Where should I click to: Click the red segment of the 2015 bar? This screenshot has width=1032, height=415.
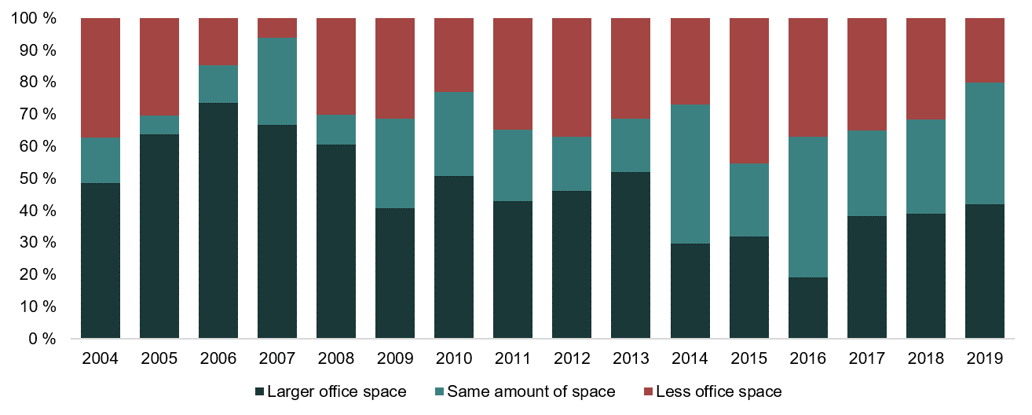pyautogui.click(x=748, y=90)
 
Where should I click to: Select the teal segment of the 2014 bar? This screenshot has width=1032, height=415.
pyautogui.click(x=690, y=174)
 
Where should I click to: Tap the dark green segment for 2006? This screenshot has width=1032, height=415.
pyautogui.click(x=218, y=221)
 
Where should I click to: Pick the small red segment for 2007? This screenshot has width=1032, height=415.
pyautogui.click(x=277, y=28)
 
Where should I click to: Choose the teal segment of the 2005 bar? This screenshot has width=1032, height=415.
pyautogui.click(x=159, y=125)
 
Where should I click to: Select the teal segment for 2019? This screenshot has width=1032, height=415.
pyautogui.click(x=984, y=143)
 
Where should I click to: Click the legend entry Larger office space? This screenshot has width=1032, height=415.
pyautogui.click(x=329, y=391)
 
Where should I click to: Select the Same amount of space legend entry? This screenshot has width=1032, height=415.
pyautogui.click(x=523, y=391)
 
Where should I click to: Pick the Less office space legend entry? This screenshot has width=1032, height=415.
pyautogui.click(x=711, y=391)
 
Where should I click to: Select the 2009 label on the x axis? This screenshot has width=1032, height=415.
pyautogui.click(x=394, y=359)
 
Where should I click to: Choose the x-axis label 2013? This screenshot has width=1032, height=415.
pyautogui.click(x=630, y=359)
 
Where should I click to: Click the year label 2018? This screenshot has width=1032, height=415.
pyautogui.click(x=925, y=359)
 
